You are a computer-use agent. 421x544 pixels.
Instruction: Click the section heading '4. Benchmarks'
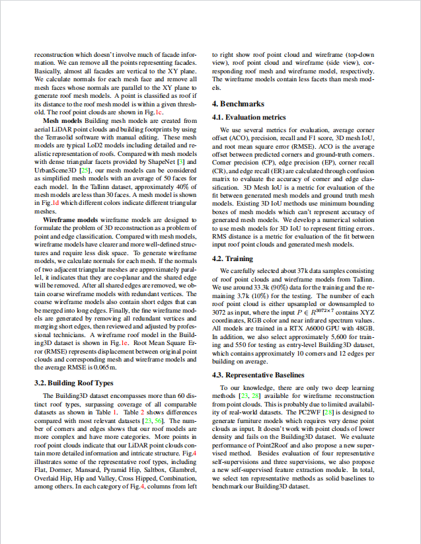(238, 104)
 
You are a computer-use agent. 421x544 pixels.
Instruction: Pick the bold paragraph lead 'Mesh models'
(62, 121)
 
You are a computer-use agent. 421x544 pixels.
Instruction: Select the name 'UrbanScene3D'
(56, 170)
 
